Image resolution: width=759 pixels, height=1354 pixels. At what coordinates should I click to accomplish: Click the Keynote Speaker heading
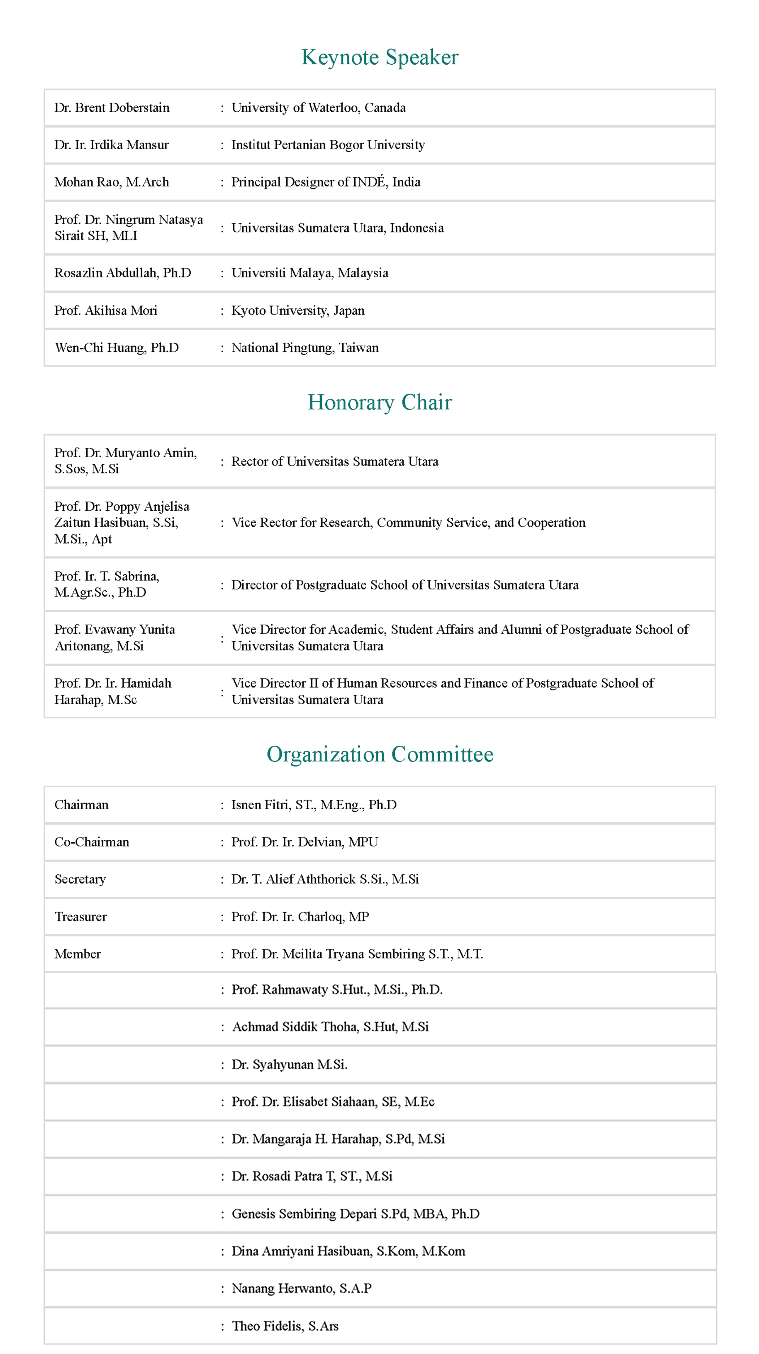pos(379,57)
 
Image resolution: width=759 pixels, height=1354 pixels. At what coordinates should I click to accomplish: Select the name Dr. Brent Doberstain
pos(112,108)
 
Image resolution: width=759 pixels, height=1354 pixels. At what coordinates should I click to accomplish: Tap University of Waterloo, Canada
pos(318,108)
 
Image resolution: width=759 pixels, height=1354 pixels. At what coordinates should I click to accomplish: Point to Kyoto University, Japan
pos(298,310)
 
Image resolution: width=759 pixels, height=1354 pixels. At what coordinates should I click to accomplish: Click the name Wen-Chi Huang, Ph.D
pos(117,348)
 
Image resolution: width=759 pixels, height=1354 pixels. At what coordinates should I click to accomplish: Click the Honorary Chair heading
pos(379,403)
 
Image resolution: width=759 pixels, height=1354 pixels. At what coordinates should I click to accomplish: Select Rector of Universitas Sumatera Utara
pos(335,462)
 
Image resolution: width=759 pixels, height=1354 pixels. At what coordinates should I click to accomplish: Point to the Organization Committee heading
pos(379,754)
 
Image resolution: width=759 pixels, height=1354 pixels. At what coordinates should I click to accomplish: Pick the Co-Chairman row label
pos(91,842)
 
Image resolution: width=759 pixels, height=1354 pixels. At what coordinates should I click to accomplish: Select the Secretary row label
pos(80,879)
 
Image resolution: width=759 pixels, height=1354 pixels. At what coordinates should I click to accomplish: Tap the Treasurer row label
pos(81,917)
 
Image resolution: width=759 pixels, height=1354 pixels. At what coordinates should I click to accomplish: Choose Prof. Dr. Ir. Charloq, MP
pos(300,917)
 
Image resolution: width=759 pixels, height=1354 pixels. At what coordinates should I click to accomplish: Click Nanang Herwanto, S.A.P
pos(302,1289)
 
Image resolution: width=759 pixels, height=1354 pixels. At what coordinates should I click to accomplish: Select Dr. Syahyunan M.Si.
pos(290,1065)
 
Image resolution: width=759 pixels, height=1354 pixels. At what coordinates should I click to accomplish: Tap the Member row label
pos(78,954)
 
